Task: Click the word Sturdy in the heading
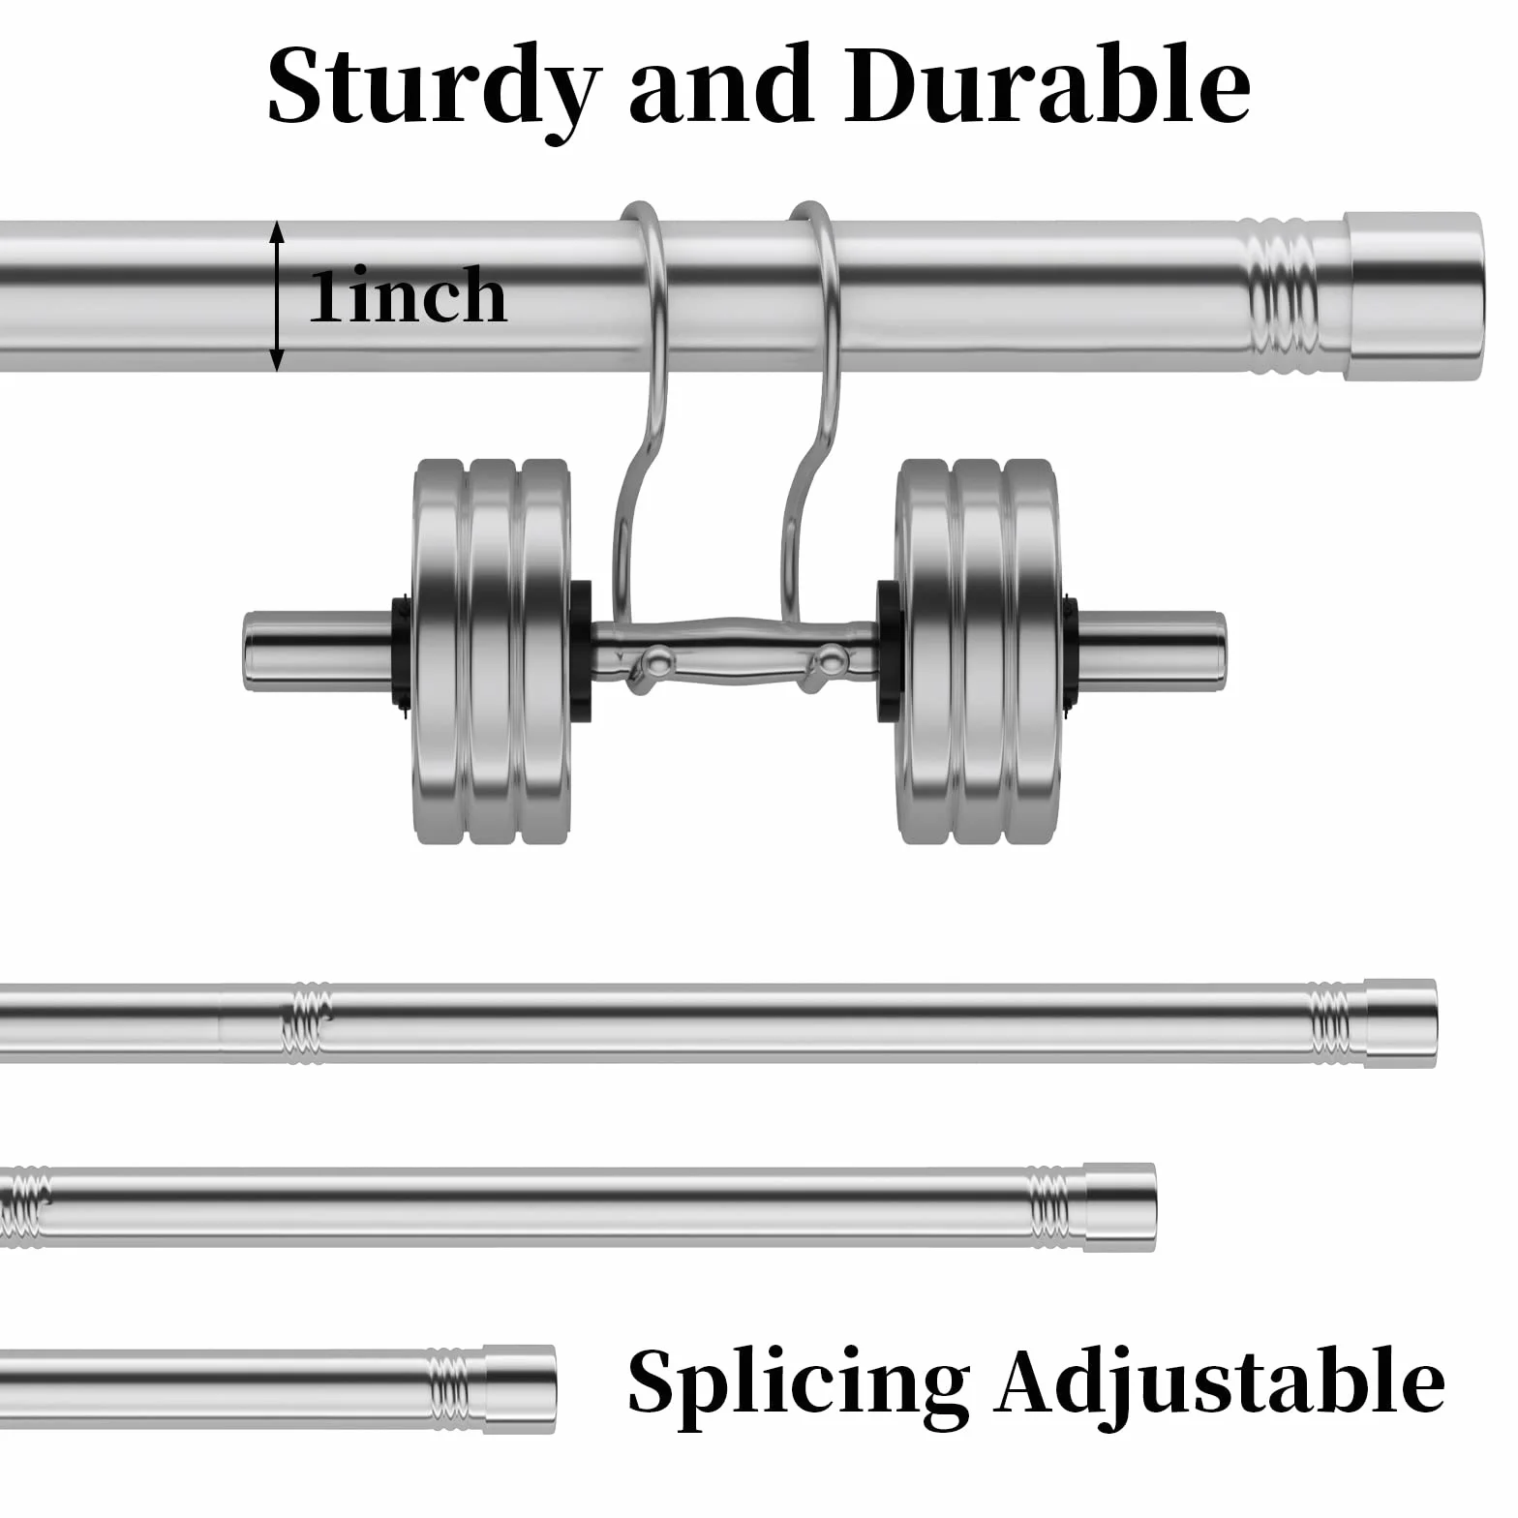click(x=434, y=89)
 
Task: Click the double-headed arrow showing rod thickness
click(x=278, y=296)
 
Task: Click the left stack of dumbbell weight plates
click(x=492, y=651)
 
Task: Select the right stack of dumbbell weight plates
click(x=978, y=651)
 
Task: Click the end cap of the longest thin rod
click(x=1402, y=1023)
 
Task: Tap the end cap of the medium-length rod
click(x=1120, y=1207)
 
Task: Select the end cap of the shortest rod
click(x=521, y=1389)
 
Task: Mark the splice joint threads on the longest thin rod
click(x=306, y=1023)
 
